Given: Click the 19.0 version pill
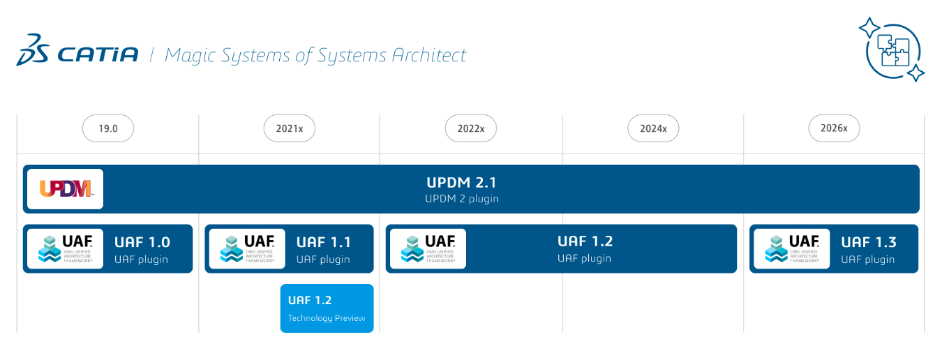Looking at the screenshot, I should (107, 128).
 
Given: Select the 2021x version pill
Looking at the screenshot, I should (290, 128).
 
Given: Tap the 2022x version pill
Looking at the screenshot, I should (471, 128).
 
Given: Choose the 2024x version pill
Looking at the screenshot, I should (653, 128).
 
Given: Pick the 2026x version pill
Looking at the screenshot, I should (834, 128).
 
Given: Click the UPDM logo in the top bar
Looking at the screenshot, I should (65, 189).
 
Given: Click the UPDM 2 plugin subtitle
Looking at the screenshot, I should (462, 199).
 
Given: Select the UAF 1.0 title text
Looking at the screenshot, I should (142, 242).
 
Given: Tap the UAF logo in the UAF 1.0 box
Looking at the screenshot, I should (65, 249).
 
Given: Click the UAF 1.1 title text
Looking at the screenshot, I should (324, 242).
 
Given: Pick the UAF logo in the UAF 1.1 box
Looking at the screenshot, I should (247, 249).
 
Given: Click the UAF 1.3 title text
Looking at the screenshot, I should (869, 242).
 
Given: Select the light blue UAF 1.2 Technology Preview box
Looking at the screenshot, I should (327, 308).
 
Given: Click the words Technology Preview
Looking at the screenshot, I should (327, 318).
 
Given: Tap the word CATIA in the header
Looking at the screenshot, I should (98, 54).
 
